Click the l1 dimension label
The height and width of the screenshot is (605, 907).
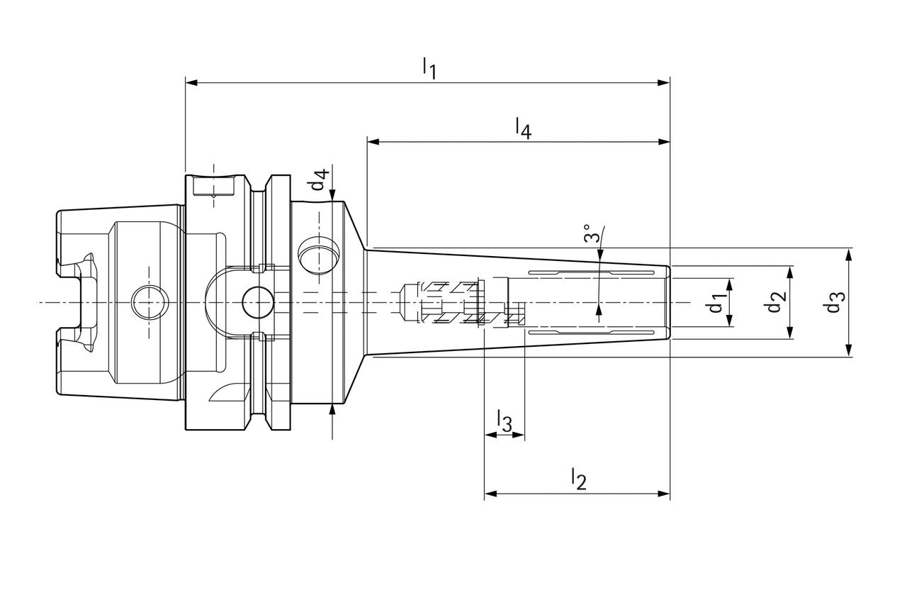click(429, 68)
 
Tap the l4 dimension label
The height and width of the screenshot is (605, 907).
click(523, 128)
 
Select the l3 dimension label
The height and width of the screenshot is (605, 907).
click(504, 421)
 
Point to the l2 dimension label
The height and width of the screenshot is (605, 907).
click(579, 479)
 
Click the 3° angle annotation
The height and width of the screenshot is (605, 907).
click(592, 234)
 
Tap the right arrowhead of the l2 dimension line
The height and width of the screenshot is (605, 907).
click(664, 494)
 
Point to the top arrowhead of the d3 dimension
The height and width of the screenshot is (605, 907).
click(849, 253)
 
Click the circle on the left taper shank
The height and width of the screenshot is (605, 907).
click(150, 303)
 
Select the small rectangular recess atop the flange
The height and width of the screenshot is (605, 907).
click(213, 187)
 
